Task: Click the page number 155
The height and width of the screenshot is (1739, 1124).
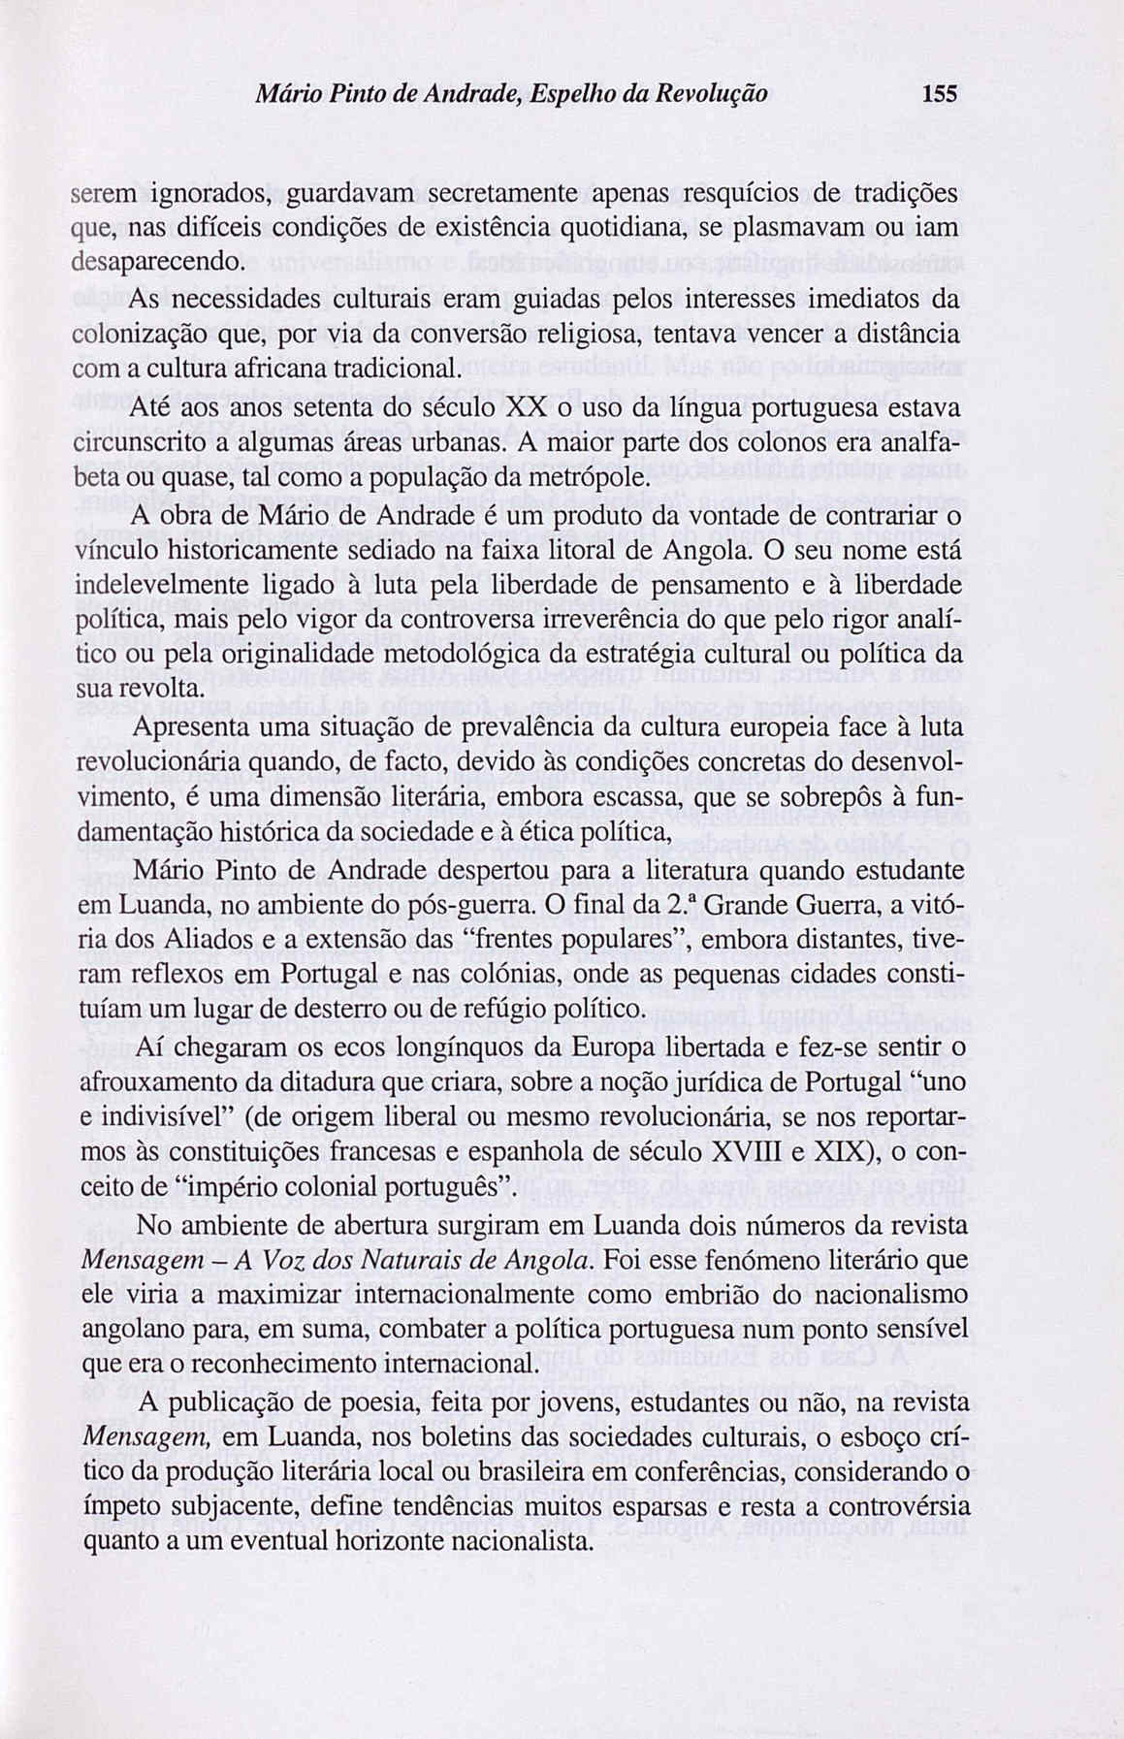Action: (x=940, y=94)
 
